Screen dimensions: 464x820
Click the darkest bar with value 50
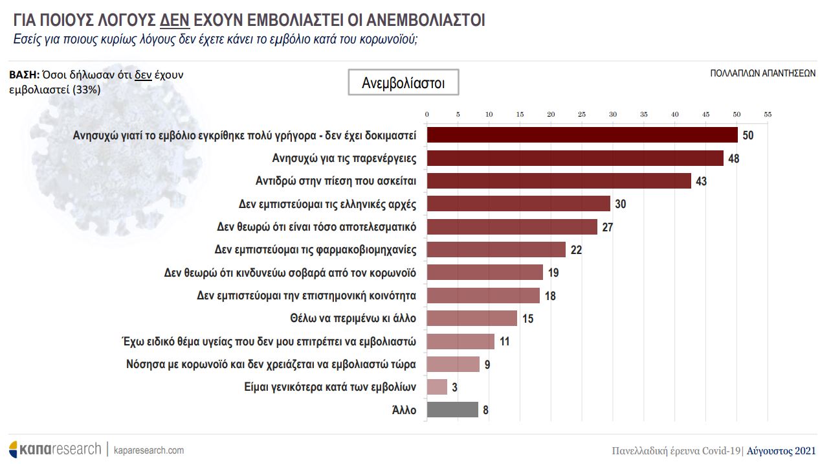(x=582, y=135)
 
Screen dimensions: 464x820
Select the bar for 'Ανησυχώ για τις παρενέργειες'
(x=575, y=158)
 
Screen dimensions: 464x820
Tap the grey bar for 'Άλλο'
(x=452, y=410)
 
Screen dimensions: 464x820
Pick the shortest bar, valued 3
(x=437, y=387)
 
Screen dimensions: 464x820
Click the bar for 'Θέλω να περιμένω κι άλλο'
(x=472, y=318)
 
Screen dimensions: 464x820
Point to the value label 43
(x=701, y=181)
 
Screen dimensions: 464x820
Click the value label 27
(x=607, y=227)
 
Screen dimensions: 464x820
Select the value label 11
(x=505, y=342)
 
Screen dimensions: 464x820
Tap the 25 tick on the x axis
(x=582, y=114)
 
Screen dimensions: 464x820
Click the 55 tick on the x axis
(x=768, y=114)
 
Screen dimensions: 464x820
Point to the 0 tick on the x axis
(x=427, y=114)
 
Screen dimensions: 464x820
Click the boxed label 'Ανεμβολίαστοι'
(x=403, y=83)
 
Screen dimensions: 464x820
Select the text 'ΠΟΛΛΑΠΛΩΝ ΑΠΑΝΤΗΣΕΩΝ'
(x=762, y=73)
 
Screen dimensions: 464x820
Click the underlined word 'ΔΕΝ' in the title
(x=174, y=20)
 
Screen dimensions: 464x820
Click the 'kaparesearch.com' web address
(x=148, y=450)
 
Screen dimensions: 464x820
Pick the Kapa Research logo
(x=54, y=449)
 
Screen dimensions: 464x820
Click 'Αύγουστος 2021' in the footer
(x=781, y=451)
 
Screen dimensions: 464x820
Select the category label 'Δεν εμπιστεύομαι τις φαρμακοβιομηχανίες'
(x=315, y=249)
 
